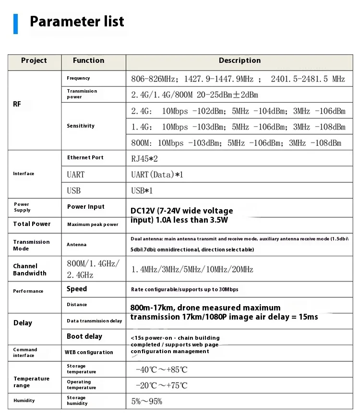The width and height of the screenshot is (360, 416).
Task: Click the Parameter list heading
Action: pos(77,22)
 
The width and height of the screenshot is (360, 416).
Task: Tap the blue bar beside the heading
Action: pos(15,24)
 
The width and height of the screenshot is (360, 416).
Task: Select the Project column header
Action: pos(34,61)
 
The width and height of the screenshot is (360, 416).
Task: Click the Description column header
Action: pos(240,61)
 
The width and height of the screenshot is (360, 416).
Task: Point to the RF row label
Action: pos(17,104)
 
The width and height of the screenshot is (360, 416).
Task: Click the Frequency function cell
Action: pos(78,78)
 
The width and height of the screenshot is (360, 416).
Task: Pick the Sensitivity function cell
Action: pos(81,126)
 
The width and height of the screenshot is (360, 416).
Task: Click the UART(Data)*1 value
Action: pos(157,175)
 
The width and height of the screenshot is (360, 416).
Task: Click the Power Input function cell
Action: pos(85,207)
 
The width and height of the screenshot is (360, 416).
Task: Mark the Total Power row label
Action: pos(32,224)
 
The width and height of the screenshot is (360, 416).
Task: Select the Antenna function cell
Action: pos(77,245)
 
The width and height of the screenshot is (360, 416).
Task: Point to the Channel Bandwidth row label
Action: pos(30,270)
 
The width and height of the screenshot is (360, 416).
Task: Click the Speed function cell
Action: pos(77,289)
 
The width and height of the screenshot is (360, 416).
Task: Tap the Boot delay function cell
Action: pos(84,336)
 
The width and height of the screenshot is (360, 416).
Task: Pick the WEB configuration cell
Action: pos(89,352)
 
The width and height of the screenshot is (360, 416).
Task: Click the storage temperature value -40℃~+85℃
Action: pos(162,370)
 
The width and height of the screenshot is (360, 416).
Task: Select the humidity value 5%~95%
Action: pos(147,401)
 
